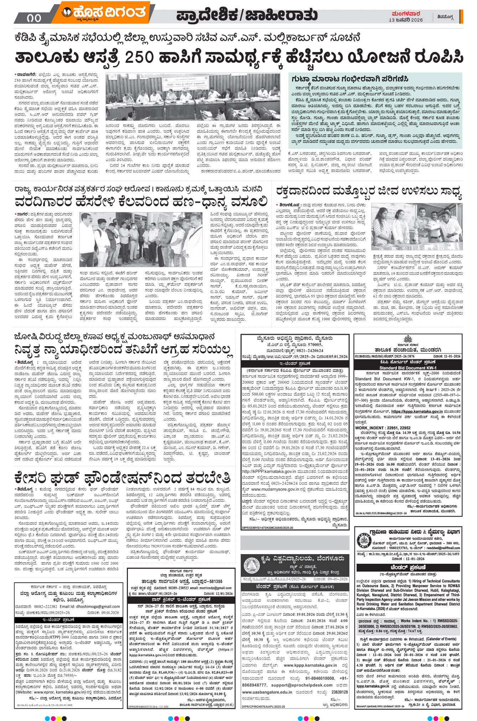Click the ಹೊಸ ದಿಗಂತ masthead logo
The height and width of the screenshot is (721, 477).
(x=103, y=14)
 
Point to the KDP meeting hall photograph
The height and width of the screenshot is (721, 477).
(x=193, y=97)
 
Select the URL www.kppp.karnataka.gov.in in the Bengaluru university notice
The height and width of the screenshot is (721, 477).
(x=310, y=665)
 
